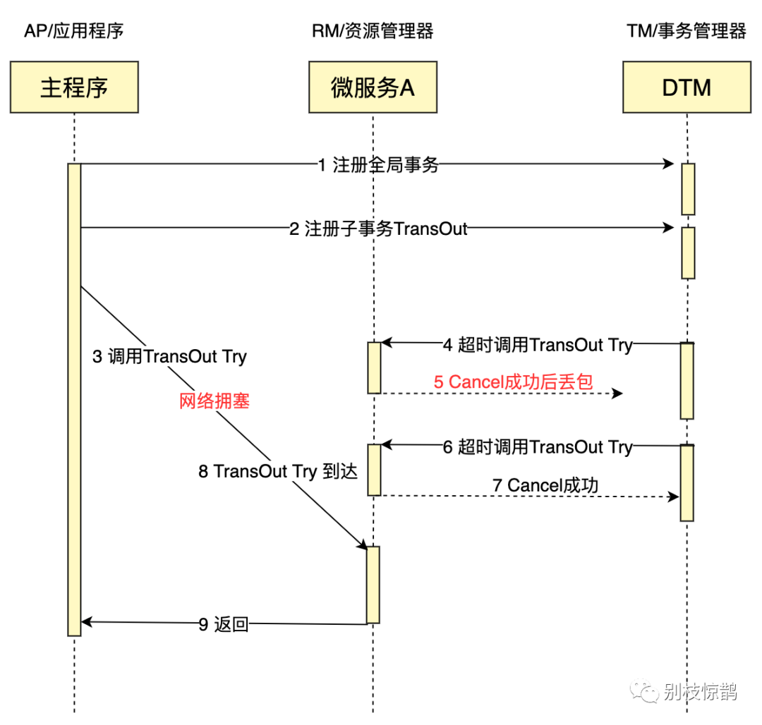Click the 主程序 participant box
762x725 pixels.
pyautogui.click(x=74, y=87)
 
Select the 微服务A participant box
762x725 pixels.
pyautogui.click(x=372, y=87)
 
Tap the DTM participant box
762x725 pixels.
pyautogui.click(x=686, y=87)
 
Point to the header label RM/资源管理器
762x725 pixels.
pyautogui.click(x=372, y=31)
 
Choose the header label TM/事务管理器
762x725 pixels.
pyautogui.click(x=686, y=31)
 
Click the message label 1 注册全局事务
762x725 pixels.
pyautogui.click(x=378, y=165)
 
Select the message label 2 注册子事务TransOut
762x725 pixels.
pyautogui.click(x=378, y=229)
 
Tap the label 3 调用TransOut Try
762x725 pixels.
pyautogui.click(x=169, y=356)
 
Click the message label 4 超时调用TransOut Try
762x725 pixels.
pyautogui.click(x=536, y=345)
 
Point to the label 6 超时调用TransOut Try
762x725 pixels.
pyautogui.click(x=537, y=447)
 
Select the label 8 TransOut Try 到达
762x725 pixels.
pyautogui.click(x=278, y=471)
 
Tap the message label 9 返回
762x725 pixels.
pyautogui.click(x=224, y=623)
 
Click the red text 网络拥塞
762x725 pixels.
pyautogui.click(x=214, y=402)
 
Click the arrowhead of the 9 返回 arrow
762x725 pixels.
pyautogui.click(x=86, y=622)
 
